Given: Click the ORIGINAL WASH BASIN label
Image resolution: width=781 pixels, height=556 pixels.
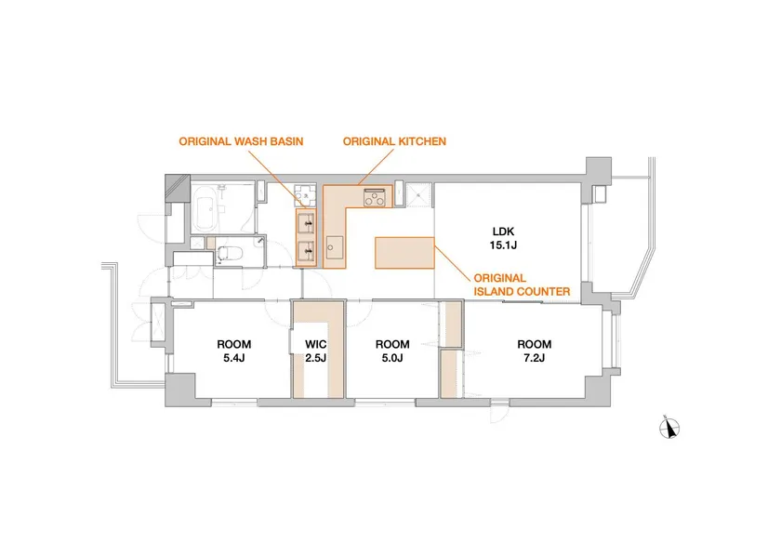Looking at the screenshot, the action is (x=241, y=141).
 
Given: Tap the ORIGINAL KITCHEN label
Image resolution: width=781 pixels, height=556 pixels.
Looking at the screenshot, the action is (x=394, y=141).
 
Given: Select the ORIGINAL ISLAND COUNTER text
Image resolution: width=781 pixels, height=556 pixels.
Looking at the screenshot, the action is (x=522, y=285).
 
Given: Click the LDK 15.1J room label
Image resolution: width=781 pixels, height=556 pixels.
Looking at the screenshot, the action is (x=503, y=238).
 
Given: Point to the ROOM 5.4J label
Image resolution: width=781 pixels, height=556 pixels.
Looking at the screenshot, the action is (x=233, y=351).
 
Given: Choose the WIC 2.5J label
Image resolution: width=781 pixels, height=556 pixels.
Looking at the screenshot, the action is (x=316, y=351).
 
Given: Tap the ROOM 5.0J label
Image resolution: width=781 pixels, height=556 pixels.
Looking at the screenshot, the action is (x=392, y=351).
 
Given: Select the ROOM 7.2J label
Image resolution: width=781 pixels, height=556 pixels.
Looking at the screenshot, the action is (x=534, y=351).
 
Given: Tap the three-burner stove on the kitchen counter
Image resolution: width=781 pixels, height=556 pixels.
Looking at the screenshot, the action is (x=375, y=197).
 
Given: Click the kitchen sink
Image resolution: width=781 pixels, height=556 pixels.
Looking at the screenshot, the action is (x=334, y=247).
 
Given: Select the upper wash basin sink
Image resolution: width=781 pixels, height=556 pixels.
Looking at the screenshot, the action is (x=306, y=223).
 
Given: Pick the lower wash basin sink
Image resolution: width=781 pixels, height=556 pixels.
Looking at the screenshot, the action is (x=306, y=248).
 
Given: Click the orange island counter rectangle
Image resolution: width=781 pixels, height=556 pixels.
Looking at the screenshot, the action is (x=404, y=253).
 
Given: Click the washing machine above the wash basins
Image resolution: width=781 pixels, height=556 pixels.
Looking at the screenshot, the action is (x=304, y=196).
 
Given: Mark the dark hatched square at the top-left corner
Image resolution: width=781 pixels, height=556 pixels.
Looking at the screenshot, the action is (x=178, y=189).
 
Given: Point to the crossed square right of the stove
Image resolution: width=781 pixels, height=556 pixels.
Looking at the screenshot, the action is (x=417, y=195).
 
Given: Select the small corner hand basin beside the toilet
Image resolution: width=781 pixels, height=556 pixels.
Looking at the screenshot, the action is (x=259, y=242).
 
